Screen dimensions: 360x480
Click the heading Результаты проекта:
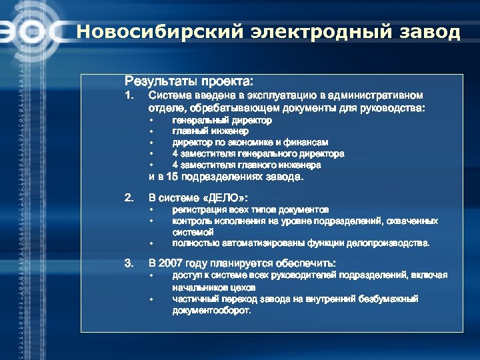click(x=189, y=81)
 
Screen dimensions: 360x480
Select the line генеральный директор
click(x=222, y=121)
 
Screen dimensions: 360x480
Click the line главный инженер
click(x=210, y=131)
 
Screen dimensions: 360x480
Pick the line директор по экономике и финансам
click(x=250, y=143)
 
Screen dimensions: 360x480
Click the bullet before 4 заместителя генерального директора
click(x=151, y=154)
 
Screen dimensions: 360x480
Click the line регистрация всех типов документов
click(x=250, y=209)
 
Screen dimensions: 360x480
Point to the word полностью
click(x=194, y=243)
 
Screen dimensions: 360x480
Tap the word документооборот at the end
click(x=212, y=311)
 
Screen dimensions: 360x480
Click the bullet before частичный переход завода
click(x=151, y=299)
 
